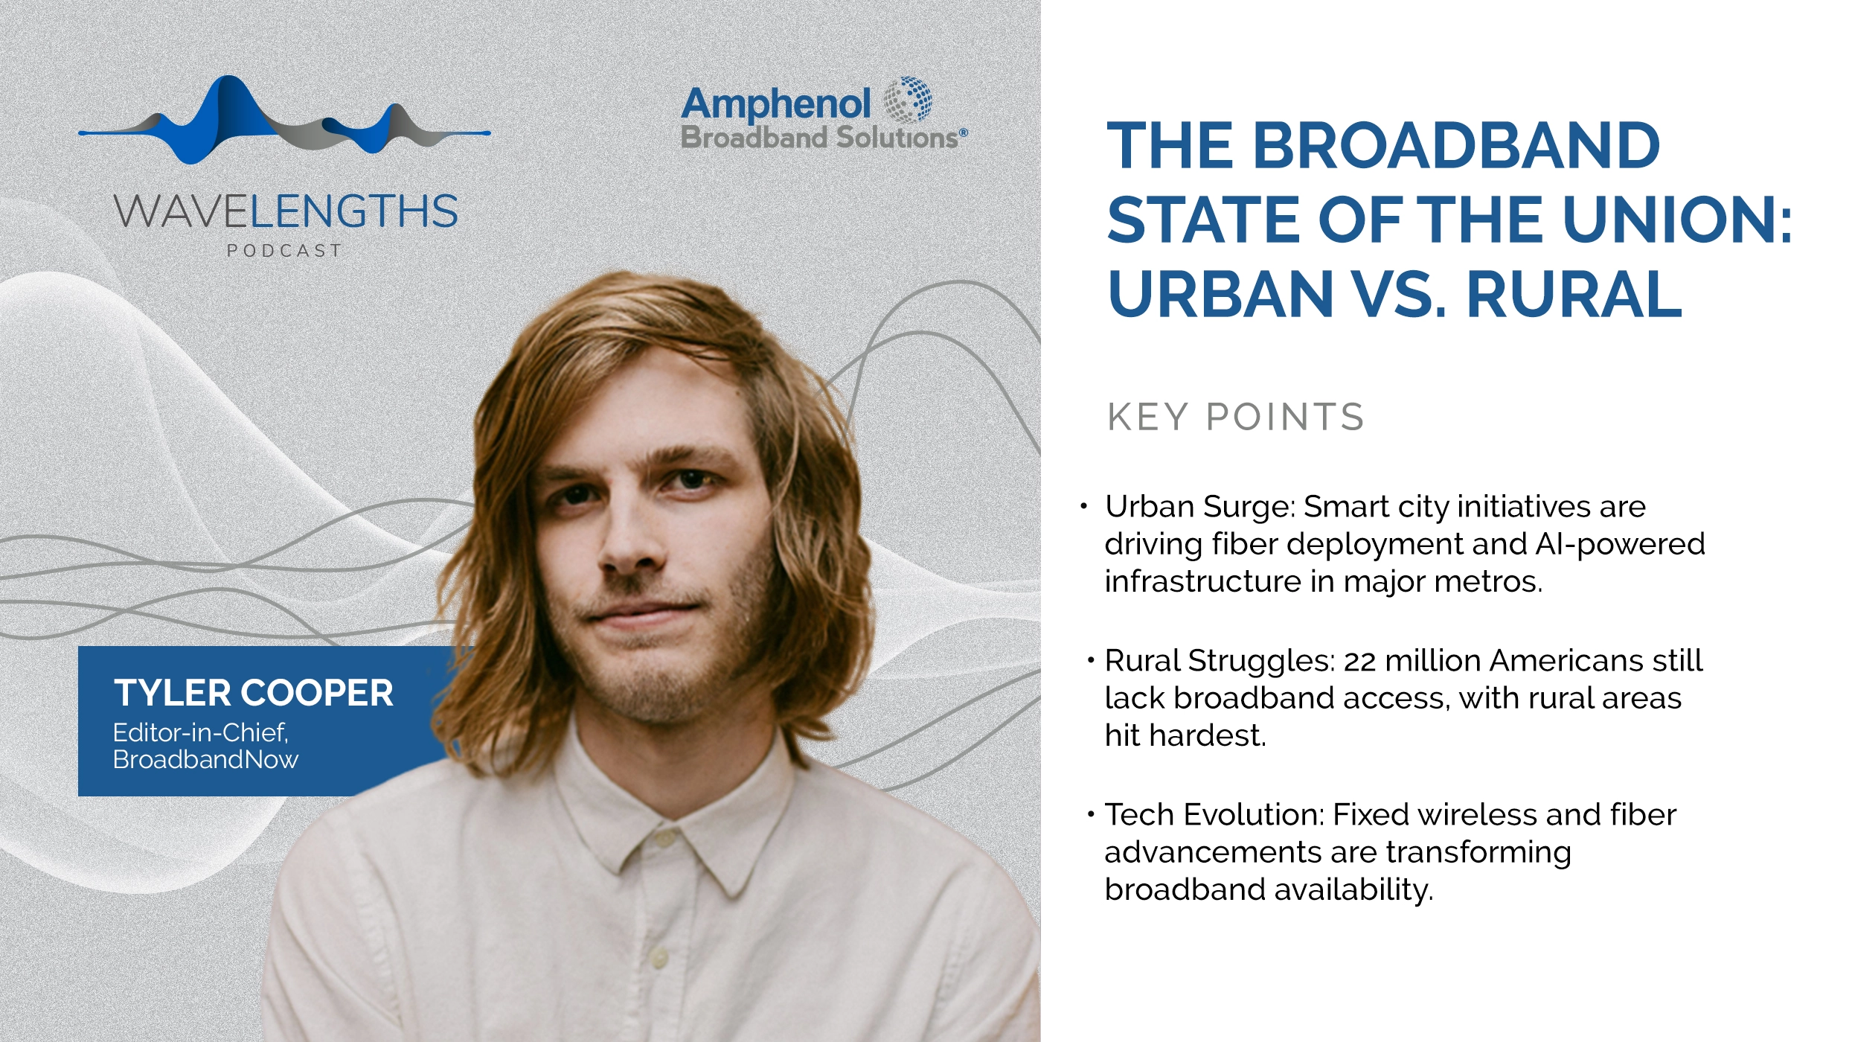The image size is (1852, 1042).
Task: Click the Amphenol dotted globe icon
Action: click(908, 100)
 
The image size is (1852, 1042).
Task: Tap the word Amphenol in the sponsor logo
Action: click(776, 105)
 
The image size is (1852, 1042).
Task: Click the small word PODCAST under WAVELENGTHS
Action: click(284, 251)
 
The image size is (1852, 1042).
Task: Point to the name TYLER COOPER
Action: click(253, 693)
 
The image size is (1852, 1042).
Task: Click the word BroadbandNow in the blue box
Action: click(205, 759)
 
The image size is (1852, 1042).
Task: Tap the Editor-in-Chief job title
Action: click(200, 732)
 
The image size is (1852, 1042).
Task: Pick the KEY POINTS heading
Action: click(1236, 417)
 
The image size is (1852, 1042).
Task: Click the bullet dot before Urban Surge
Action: click(1084, 507)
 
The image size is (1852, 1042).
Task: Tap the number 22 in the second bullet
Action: click(1359, 661)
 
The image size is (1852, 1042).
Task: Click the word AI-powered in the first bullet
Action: click(1620, 544)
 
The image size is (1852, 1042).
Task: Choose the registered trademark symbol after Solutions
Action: click(964, 132)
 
